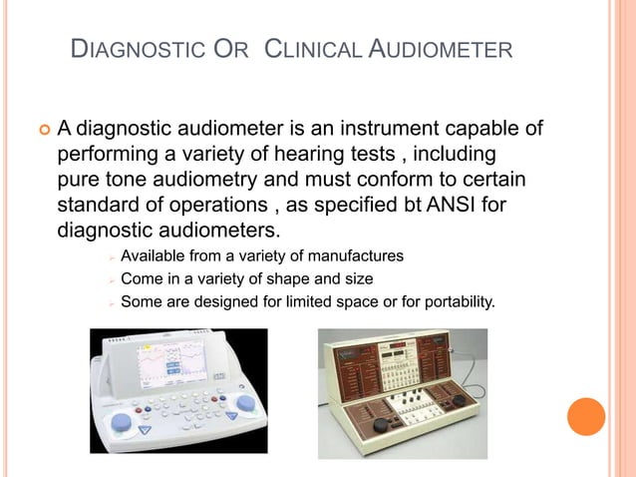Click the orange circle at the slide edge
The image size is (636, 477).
[x=585, y=416]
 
